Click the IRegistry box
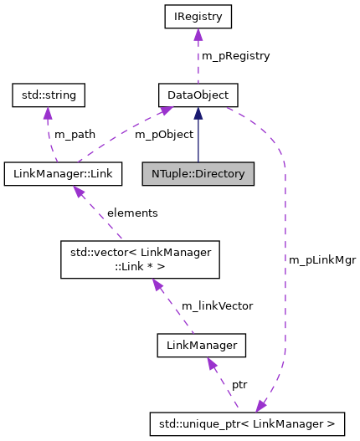tap(198, 15)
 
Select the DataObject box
tap(198, 95)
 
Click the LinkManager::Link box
tap(63, 174)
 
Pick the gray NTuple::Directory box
tap(198, 174)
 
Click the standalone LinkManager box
tap(201, 344)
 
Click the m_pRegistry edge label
tap(236, 55)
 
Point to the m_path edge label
tap(75, 135)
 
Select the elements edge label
tap(131, 213)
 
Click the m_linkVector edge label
tap(217, 305)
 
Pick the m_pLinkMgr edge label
tap(322, 260)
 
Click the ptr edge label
tap(239, 385)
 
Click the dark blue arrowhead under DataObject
tap(198, 113)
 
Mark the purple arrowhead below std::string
tap(48, 113)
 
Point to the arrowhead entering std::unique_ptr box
tap(262, 407)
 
